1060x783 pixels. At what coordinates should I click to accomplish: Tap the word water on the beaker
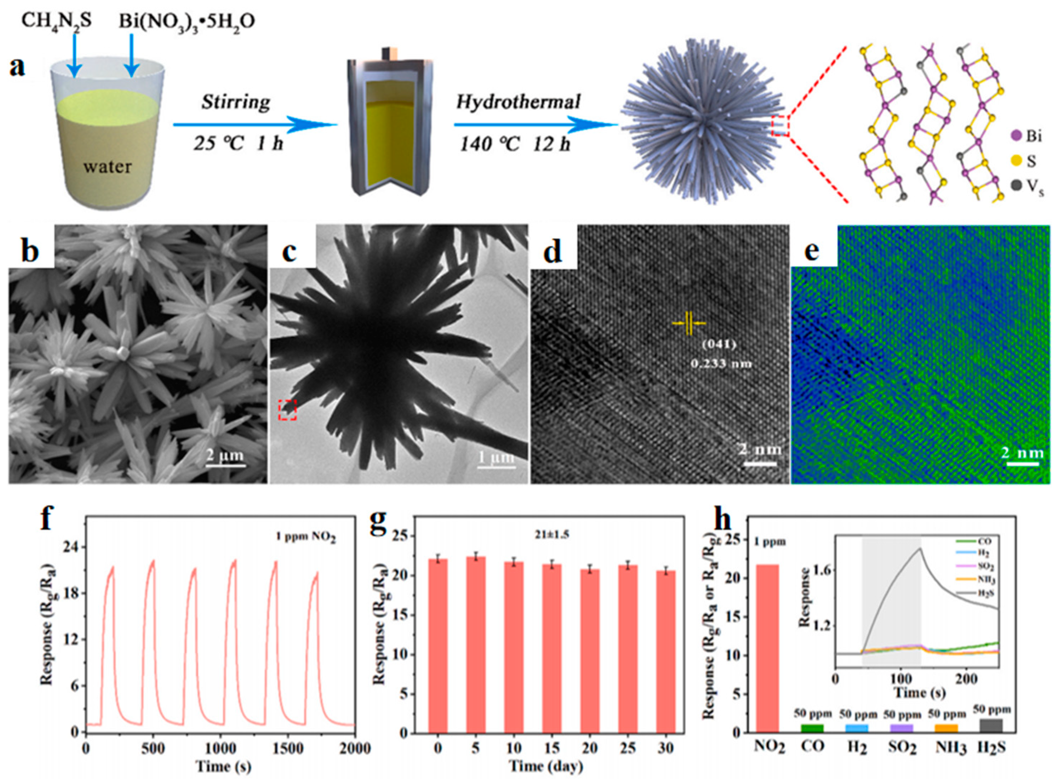tap(107, 166)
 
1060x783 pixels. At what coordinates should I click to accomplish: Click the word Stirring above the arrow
tap(236, 102)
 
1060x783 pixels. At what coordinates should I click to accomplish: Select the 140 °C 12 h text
tap(514, 143)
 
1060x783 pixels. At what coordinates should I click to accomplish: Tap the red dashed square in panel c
tap(287, 409)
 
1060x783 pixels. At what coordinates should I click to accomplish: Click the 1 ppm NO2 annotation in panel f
tap(306, 537)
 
